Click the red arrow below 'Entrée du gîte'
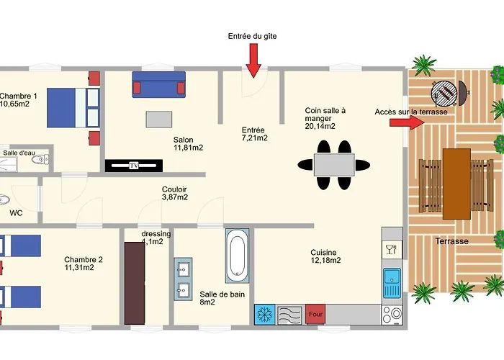[253, 60]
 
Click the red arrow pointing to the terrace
[408, 122]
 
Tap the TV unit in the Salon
[134, 166]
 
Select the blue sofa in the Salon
[159, 84]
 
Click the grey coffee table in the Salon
[159, 120]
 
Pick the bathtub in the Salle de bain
[237, 256]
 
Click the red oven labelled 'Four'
[315, 314]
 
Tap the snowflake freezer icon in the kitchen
[265, 315]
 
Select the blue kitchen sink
[392, 284]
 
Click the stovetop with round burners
[392, 315]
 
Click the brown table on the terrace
[456, 184]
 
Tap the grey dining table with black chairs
[334, 165]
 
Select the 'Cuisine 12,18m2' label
[325, 256]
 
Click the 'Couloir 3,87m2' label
[174, 193]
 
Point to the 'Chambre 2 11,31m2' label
[84, 264]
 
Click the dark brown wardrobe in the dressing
[135, 283]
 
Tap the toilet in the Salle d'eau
[40, 159]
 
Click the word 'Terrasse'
[451, 241]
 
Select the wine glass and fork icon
[392, 249]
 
